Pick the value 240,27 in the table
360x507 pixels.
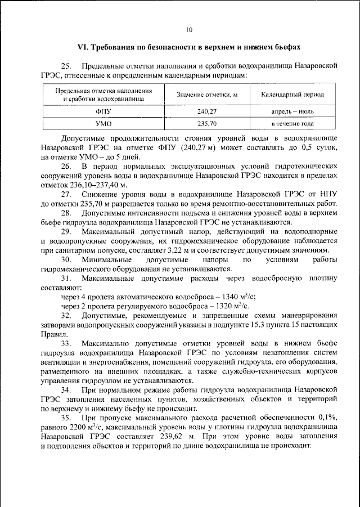[x=206, y=111]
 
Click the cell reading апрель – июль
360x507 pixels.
[x=292, y=111]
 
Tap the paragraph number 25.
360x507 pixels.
[x=67, y=66]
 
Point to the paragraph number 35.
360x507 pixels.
[x=66, y=419]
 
